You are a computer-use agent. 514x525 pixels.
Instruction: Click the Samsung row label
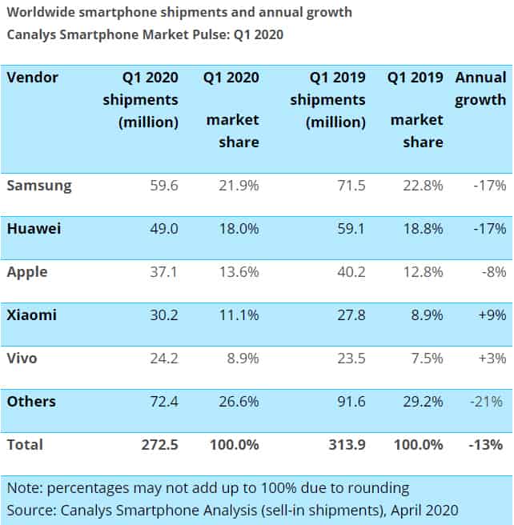[39, 186]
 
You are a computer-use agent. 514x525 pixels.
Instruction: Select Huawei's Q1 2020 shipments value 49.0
[163, 229]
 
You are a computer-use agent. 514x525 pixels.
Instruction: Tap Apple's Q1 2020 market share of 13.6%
[239, 272]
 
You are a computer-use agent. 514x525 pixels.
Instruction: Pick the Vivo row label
[25, 359]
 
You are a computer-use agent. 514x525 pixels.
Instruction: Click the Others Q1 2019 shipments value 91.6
[350, 402]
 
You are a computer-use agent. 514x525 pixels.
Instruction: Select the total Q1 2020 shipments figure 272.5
[159, 445]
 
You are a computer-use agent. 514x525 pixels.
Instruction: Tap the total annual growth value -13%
[488, 445]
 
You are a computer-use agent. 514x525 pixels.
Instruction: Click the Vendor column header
[33, 78]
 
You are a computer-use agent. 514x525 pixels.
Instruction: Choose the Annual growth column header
[480, 88]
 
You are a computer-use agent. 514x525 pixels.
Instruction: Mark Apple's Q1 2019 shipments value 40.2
[350, 272]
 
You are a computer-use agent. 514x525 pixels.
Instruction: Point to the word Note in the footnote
[23, 487]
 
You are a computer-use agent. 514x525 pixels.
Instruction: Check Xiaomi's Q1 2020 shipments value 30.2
[163, 315]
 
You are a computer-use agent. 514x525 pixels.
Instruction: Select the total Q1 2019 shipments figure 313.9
[346, 445]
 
